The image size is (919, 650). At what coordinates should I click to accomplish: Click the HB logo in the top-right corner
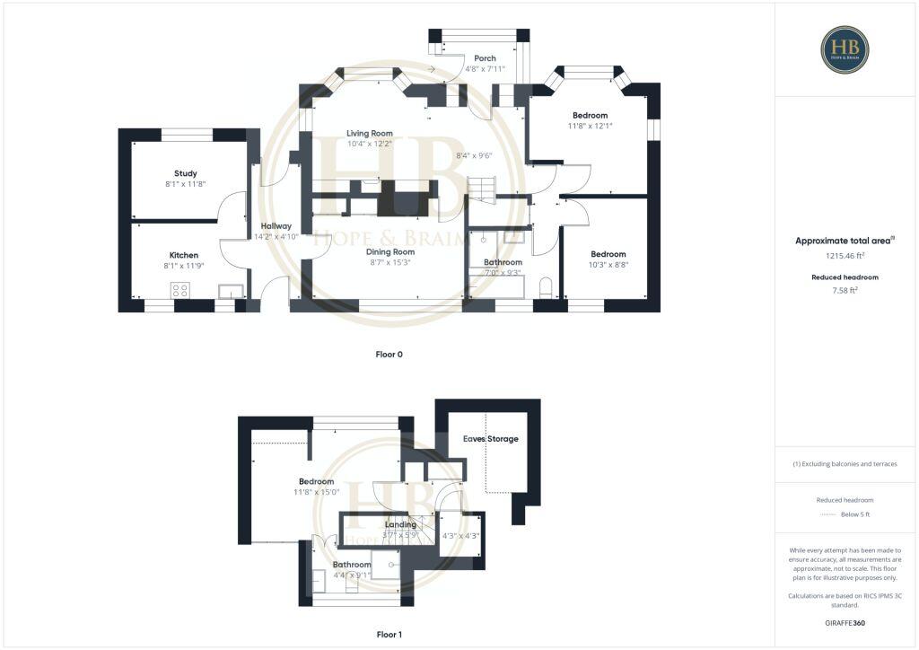point(845,49)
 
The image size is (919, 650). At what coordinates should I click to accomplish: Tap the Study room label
point(186,173)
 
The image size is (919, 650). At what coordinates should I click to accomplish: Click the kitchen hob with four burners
point(180,290)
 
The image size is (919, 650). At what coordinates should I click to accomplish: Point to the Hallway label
point(276,226)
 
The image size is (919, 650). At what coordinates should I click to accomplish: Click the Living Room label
point(370,133)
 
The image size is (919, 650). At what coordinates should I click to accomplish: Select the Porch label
point(485,58)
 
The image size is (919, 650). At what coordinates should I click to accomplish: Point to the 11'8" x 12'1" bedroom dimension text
point(591,126)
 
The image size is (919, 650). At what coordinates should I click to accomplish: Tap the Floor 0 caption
point(389,355)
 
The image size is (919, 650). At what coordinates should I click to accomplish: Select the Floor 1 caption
point(389,635)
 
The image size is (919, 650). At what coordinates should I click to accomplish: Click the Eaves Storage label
point(490,439)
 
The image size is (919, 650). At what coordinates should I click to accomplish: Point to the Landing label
point(400,524)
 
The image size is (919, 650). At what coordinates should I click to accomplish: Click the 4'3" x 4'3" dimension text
point(460,536)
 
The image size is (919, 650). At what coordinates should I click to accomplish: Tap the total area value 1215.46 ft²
point(845,255)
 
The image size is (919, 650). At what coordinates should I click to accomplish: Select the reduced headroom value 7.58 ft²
point(845,290)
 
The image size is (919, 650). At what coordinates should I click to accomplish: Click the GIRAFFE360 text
point(845,622)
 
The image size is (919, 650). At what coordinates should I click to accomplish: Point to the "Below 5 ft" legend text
point(855,514)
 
